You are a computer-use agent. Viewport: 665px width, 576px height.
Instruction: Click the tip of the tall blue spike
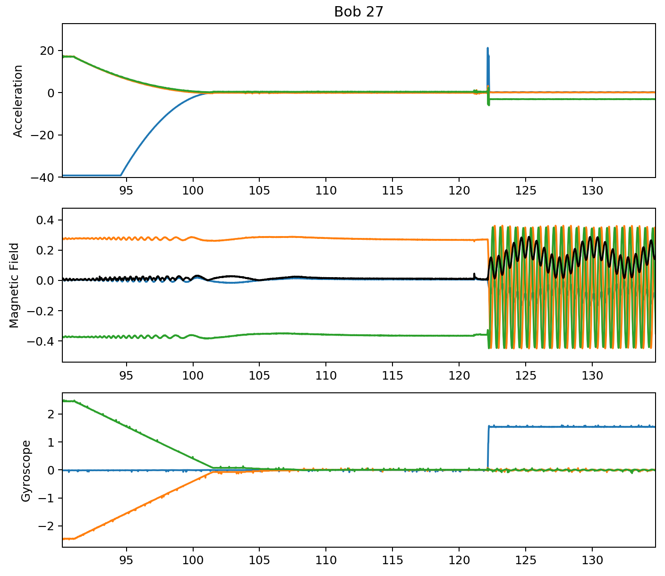pos(487,48)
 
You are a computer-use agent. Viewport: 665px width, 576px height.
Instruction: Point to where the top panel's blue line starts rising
pos(121,175)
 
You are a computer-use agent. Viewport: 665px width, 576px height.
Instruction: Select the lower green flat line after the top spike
pos(567,99)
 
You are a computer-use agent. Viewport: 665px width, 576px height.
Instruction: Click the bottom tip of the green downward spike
pos(488,105)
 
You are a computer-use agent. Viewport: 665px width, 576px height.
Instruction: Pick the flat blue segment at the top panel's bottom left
pos(90,176)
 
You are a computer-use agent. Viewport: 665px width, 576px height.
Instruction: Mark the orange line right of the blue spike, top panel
pos(567,92)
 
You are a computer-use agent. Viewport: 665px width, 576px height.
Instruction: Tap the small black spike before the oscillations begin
pos(474,274)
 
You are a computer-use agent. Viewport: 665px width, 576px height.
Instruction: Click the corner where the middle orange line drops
pos(487,240)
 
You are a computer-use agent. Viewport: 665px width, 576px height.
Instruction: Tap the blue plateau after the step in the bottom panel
pos(567,426)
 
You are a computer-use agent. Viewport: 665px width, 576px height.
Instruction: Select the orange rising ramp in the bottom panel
pos(142,506)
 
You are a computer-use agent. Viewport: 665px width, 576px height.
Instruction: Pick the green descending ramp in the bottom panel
pos(142,434)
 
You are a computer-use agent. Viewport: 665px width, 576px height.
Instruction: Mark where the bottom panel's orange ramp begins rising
pos(74,538)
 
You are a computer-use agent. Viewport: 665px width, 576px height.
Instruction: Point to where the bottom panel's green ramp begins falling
pos(74,401)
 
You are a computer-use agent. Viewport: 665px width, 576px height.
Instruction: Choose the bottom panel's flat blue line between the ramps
pos(142,470)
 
